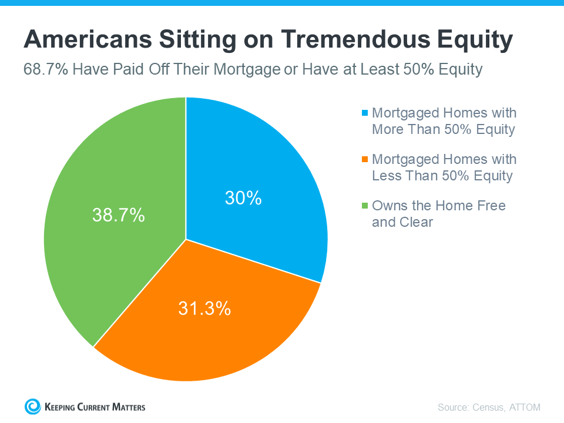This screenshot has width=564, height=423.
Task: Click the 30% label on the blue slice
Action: point(243,198)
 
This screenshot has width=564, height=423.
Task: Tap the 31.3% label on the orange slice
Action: point(204,308)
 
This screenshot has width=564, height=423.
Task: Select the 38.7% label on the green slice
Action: point(118,215)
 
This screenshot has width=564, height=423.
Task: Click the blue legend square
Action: point(365,113)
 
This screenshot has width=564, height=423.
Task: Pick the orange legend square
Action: point(365,159)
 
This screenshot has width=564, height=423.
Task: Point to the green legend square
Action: point(365,206)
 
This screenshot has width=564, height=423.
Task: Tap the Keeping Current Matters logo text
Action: point(95,407)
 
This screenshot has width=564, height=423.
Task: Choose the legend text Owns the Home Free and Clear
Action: point(438,214)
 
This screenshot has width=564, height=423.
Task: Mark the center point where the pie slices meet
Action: point(186,239)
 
